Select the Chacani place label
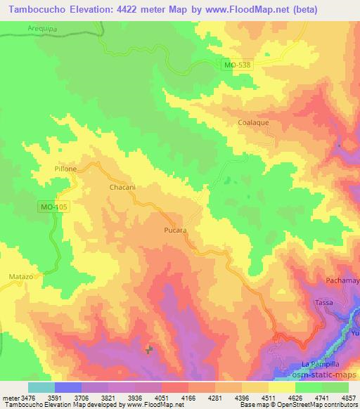click(121, 188)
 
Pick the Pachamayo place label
click(342, 281)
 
